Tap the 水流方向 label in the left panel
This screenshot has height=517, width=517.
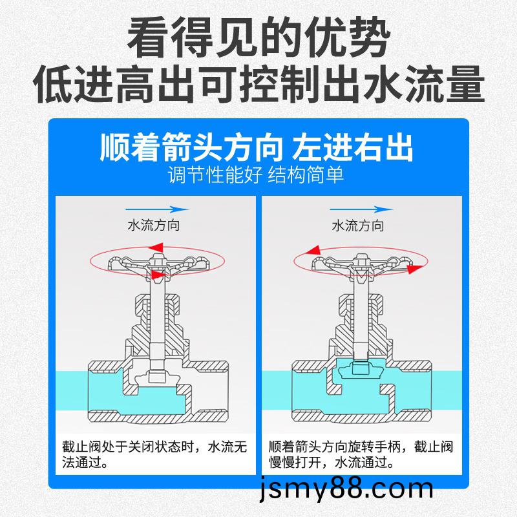(x=153, y=226)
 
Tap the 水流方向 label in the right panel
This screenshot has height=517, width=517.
(x=357, y=226)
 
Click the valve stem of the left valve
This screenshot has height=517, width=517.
(x=158, y=317)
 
